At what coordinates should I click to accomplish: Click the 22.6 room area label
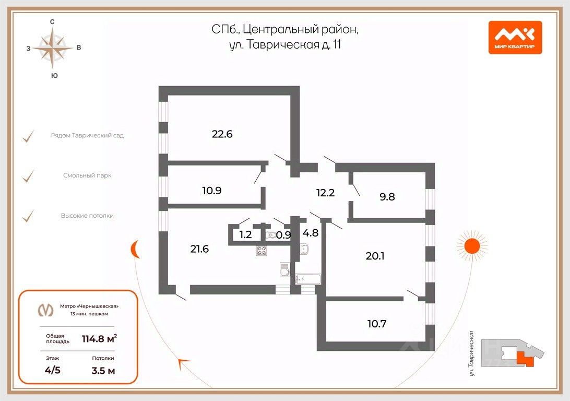click(x=222, y=134)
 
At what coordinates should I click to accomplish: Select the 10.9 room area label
click(x=212, y=191)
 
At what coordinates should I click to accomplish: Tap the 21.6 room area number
click(x=199, y=249)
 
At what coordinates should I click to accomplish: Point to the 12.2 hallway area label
click(x=325, y=192)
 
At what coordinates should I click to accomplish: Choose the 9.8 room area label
click(x=387, y=197)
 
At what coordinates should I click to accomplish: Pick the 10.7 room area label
click(x=377, y=324)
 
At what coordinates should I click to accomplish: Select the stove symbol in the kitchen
click(x=262, y=251)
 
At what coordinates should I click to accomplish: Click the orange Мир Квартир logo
click(x=515, y=37)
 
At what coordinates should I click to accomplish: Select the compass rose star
click(x=53, y=48)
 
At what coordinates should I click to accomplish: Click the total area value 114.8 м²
click(x=99, y=338)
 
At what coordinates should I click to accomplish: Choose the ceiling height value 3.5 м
click(x=103, y=371)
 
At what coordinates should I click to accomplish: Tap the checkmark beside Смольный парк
click(x=28, y=176)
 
